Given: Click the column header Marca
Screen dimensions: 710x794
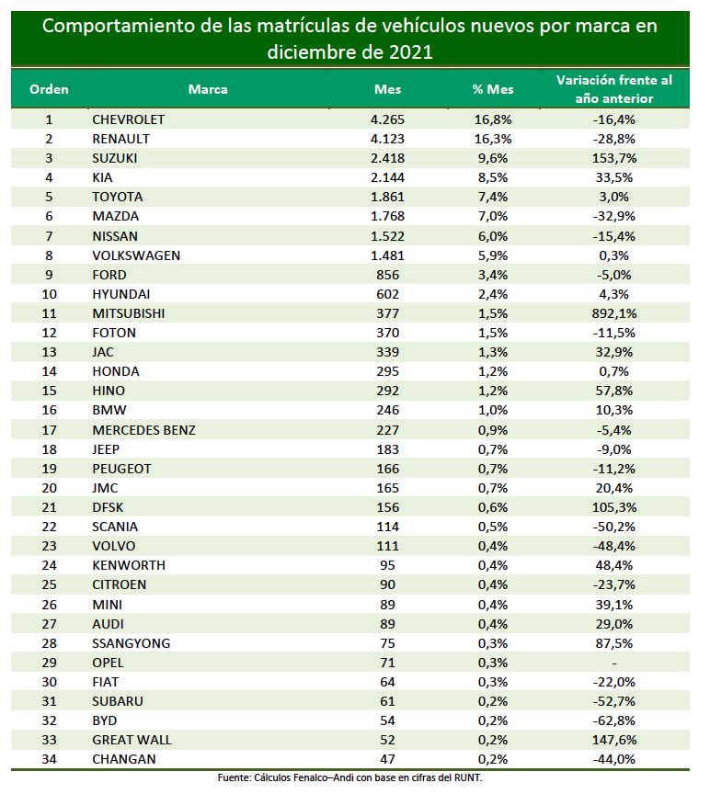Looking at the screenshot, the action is [208, 90].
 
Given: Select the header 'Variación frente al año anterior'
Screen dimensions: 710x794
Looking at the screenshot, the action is [614, 89].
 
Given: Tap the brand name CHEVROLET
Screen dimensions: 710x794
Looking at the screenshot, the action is [128, 119].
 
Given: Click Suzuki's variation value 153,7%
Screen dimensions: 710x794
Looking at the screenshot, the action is [614, 158].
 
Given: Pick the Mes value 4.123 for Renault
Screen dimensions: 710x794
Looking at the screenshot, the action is [388, 140].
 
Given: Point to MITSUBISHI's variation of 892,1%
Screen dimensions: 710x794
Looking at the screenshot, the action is [614, 313].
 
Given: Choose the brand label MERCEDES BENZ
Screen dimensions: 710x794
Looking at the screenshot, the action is [143, 430].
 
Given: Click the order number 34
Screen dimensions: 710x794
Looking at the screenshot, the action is [49, 759].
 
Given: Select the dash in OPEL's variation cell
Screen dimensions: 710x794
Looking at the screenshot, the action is [614, 664].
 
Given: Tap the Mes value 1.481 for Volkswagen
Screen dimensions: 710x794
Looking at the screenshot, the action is [388, 255].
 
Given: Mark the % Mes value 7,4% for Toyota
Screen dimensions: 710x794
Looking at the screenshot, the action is [493, 197].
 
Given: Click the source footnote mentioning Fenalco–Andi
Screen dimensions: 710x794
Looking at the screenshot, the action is [349, 777].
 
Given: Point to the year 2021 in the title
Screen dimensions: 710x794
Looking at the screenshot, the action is [410, 52].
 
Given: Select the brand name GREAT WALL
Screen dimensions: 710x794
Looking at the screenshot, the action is [132, 740].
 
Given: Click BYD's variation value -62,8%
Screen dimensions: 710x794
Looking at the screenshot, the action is [614, 720].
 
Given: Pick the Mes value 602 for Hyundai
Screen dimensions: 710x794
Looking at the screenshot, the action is [388, 294].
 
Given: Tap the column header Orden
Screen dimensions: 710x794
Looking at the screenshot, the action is [49, 90].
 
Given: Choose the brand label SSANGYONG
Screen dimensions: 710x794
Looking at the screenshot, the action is [132, 643].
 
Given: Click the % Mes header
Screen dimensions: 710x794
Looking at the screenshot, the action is [493, 90].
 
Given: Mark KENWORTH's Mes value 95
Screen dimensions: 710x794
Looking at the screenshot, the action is [388, 565].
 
